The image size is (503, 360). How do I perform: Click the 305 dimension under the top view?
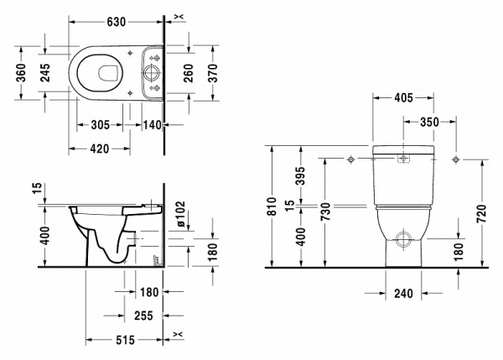coord(101,125)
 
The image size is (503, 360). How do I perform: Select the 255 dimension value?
coord(142,317)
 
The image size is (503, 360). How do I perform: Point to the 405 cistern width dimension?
coord(405,98)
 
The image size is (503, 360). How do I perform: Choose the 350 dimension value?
coord(428,122)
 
